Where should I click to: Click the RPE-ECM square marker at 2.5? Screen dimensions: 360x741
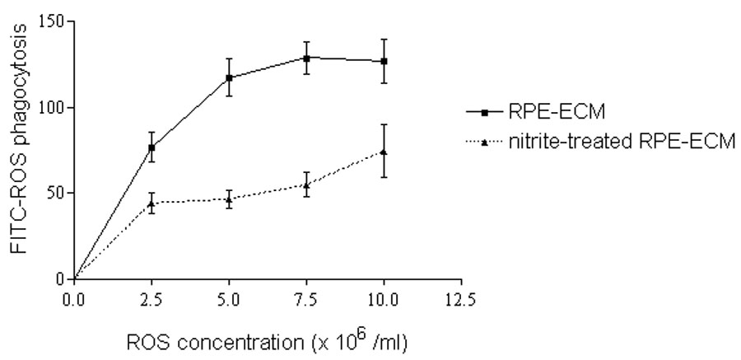[x=151, y=148]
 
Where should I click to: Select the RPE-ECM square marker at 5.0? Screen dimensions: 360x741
[x=229, y=78]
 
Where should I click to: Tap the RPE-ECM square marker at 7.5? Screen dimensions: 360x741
[x=306, y=58]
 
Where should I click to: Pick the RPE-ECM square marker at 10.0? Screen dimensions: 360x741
[x=384, y=62]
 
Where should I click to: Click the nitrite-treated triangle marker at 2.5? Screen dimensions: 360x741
[x=151, y=203]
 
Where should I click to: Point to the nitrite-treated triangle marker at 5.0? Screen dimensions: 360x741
[x=229, y=199]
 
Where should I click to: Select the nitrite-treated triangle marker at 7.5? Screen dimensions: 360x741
[x=306, y=185]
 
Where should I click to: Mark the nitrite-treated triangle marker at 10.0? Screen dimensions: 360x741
[x=384, y=152]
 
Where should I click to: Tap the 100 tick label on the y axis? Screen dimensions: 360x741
[x=51, y=107]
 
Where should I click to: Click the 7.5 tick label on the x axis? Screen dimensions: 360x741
[x=306, y=298]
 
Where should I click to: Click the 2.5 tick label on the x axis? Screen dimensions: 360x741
[x=151, y=298]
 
